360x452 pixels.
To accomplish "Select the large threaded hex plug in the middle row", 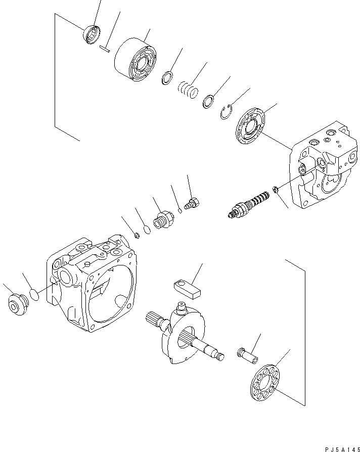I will [x=163, y=221].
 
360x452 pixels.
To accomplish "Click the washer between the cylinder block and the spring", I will [x=167, y=78].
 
